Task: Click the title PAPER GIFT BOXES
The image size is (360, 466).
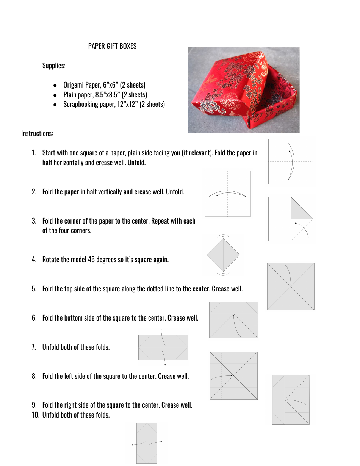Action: [112, 46]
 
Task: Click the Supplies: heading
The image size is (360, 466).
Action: [54, 66]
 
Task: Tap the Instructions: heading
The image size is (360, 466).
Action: [37, 133]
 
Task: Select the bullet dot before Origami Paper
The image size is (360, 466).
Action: [55, 85]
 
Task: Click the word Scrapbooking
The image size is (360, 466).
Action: [80, 104]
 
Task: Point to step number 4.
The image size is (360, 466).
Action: [34, 260]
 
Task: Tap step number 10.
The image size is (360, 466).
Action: [36, 415]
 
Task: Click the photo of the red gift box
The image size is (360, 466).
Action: [244, 90]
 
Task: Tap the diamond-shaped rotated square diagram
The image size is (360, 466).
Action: [223, 255]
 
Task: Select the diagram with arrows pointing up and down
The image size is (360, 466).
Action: [163, 347]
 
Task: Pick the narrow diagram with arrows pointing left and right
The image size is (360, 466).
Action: [147, 443]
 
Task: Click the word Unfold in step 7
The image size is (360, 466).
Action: [51, 347]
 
